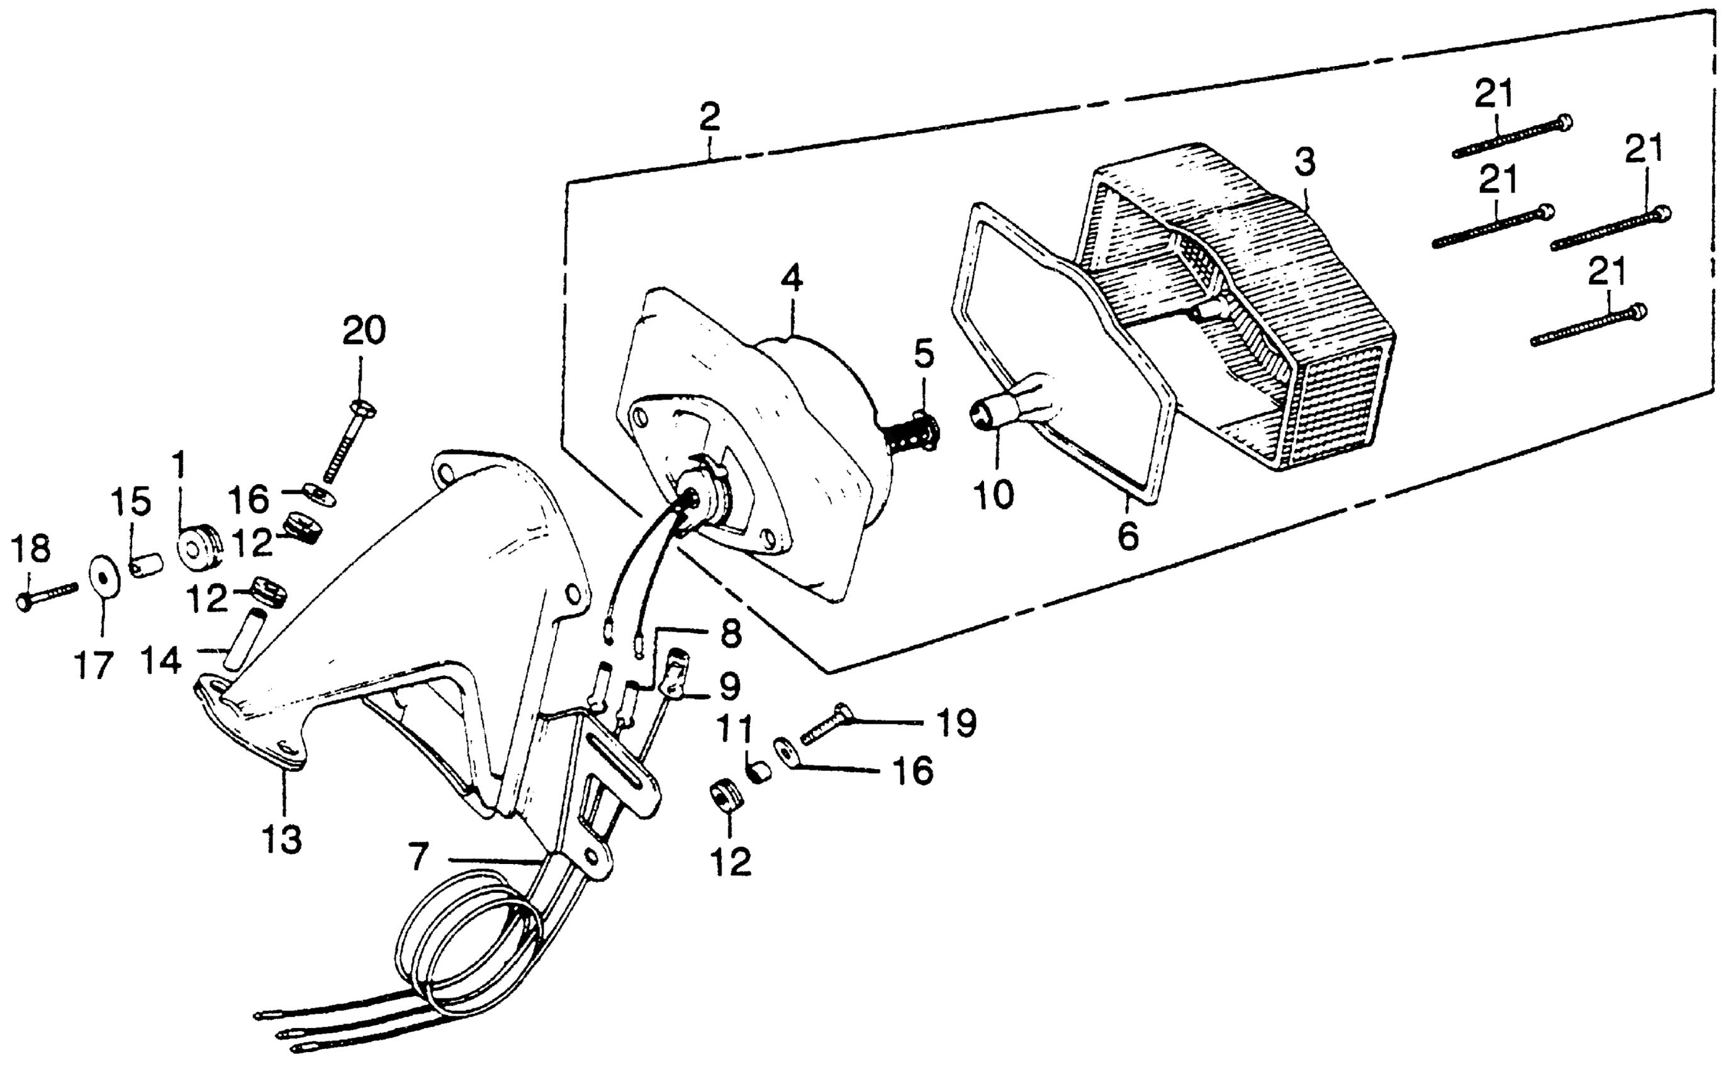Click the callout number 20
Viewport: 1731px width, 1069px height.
pyautogui.click(x=364, y=331)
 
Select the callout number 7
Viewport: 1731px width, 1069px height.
pyautogui.click(x=419, y=858)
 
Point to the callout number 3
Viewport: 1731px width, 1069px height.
pyautogui.click(x=1305, y=163)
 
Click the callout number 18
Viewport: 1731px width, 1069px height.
pyautogui.click(x=32, y=548)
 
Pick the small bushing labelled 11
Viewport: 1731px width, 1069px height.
pyautogui.click(x=759, y=772)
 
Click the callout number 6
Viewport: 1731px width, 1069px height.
pyautogui.click(x=1128, y=536)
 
